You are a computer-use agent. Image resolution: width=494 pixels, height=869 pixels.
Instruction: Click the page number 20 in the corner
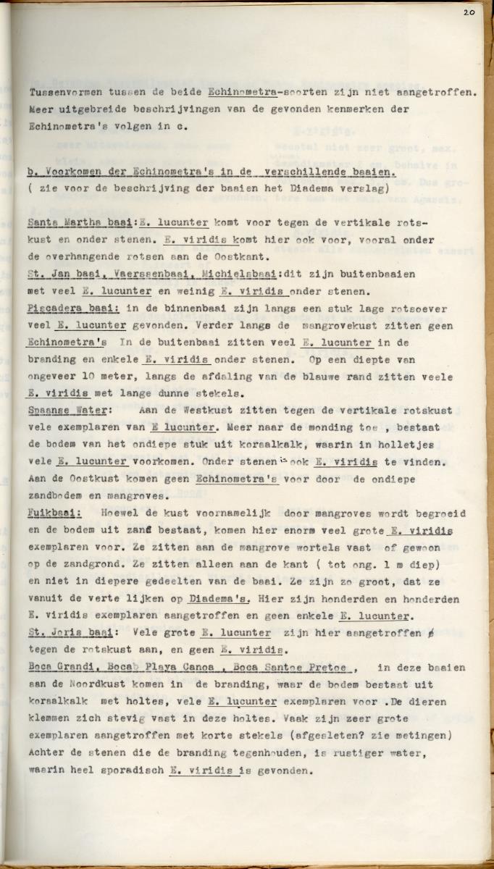point(468,13)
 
